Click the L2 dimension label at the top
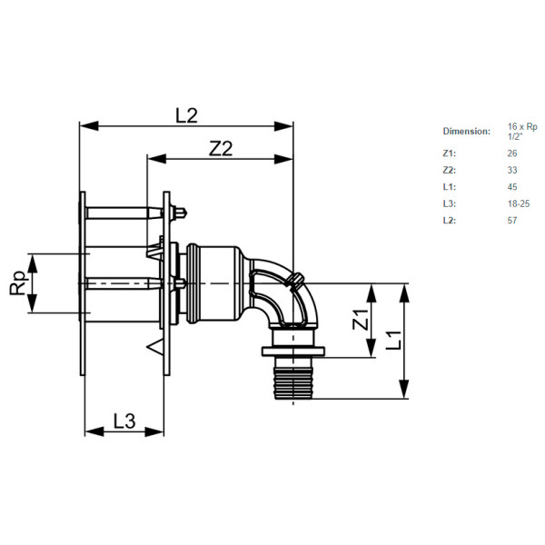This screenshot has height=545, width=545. (x=186, y=114)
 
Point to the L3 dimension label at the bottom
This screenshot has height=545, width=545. (x=124, y=421)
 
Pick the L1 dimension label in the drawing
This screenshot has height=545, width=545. (x=393, y=341)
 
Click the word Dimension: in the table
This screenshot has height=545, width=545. (x=466, y=131)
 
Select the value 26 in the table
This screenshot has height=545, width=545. (x=512, y=154)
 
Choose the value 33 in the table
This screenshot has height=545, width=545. (x=512, y=170)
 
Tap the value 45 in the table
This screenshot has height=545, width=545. (x=512, y=186)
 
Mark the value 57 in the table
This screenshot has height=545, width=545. (x=512, y=220)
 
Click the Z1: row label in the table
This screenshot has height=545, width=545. (x=449, y=154)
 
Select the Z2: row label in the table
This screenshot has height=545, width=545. (x=449, y=170)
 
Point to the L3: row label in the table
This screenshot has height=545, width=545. (x=449, y=203)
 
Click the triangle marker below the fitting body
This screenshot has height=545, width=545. (x=154, y=346)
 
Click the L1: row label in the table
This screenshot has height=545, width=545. (x=449, y=186)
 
